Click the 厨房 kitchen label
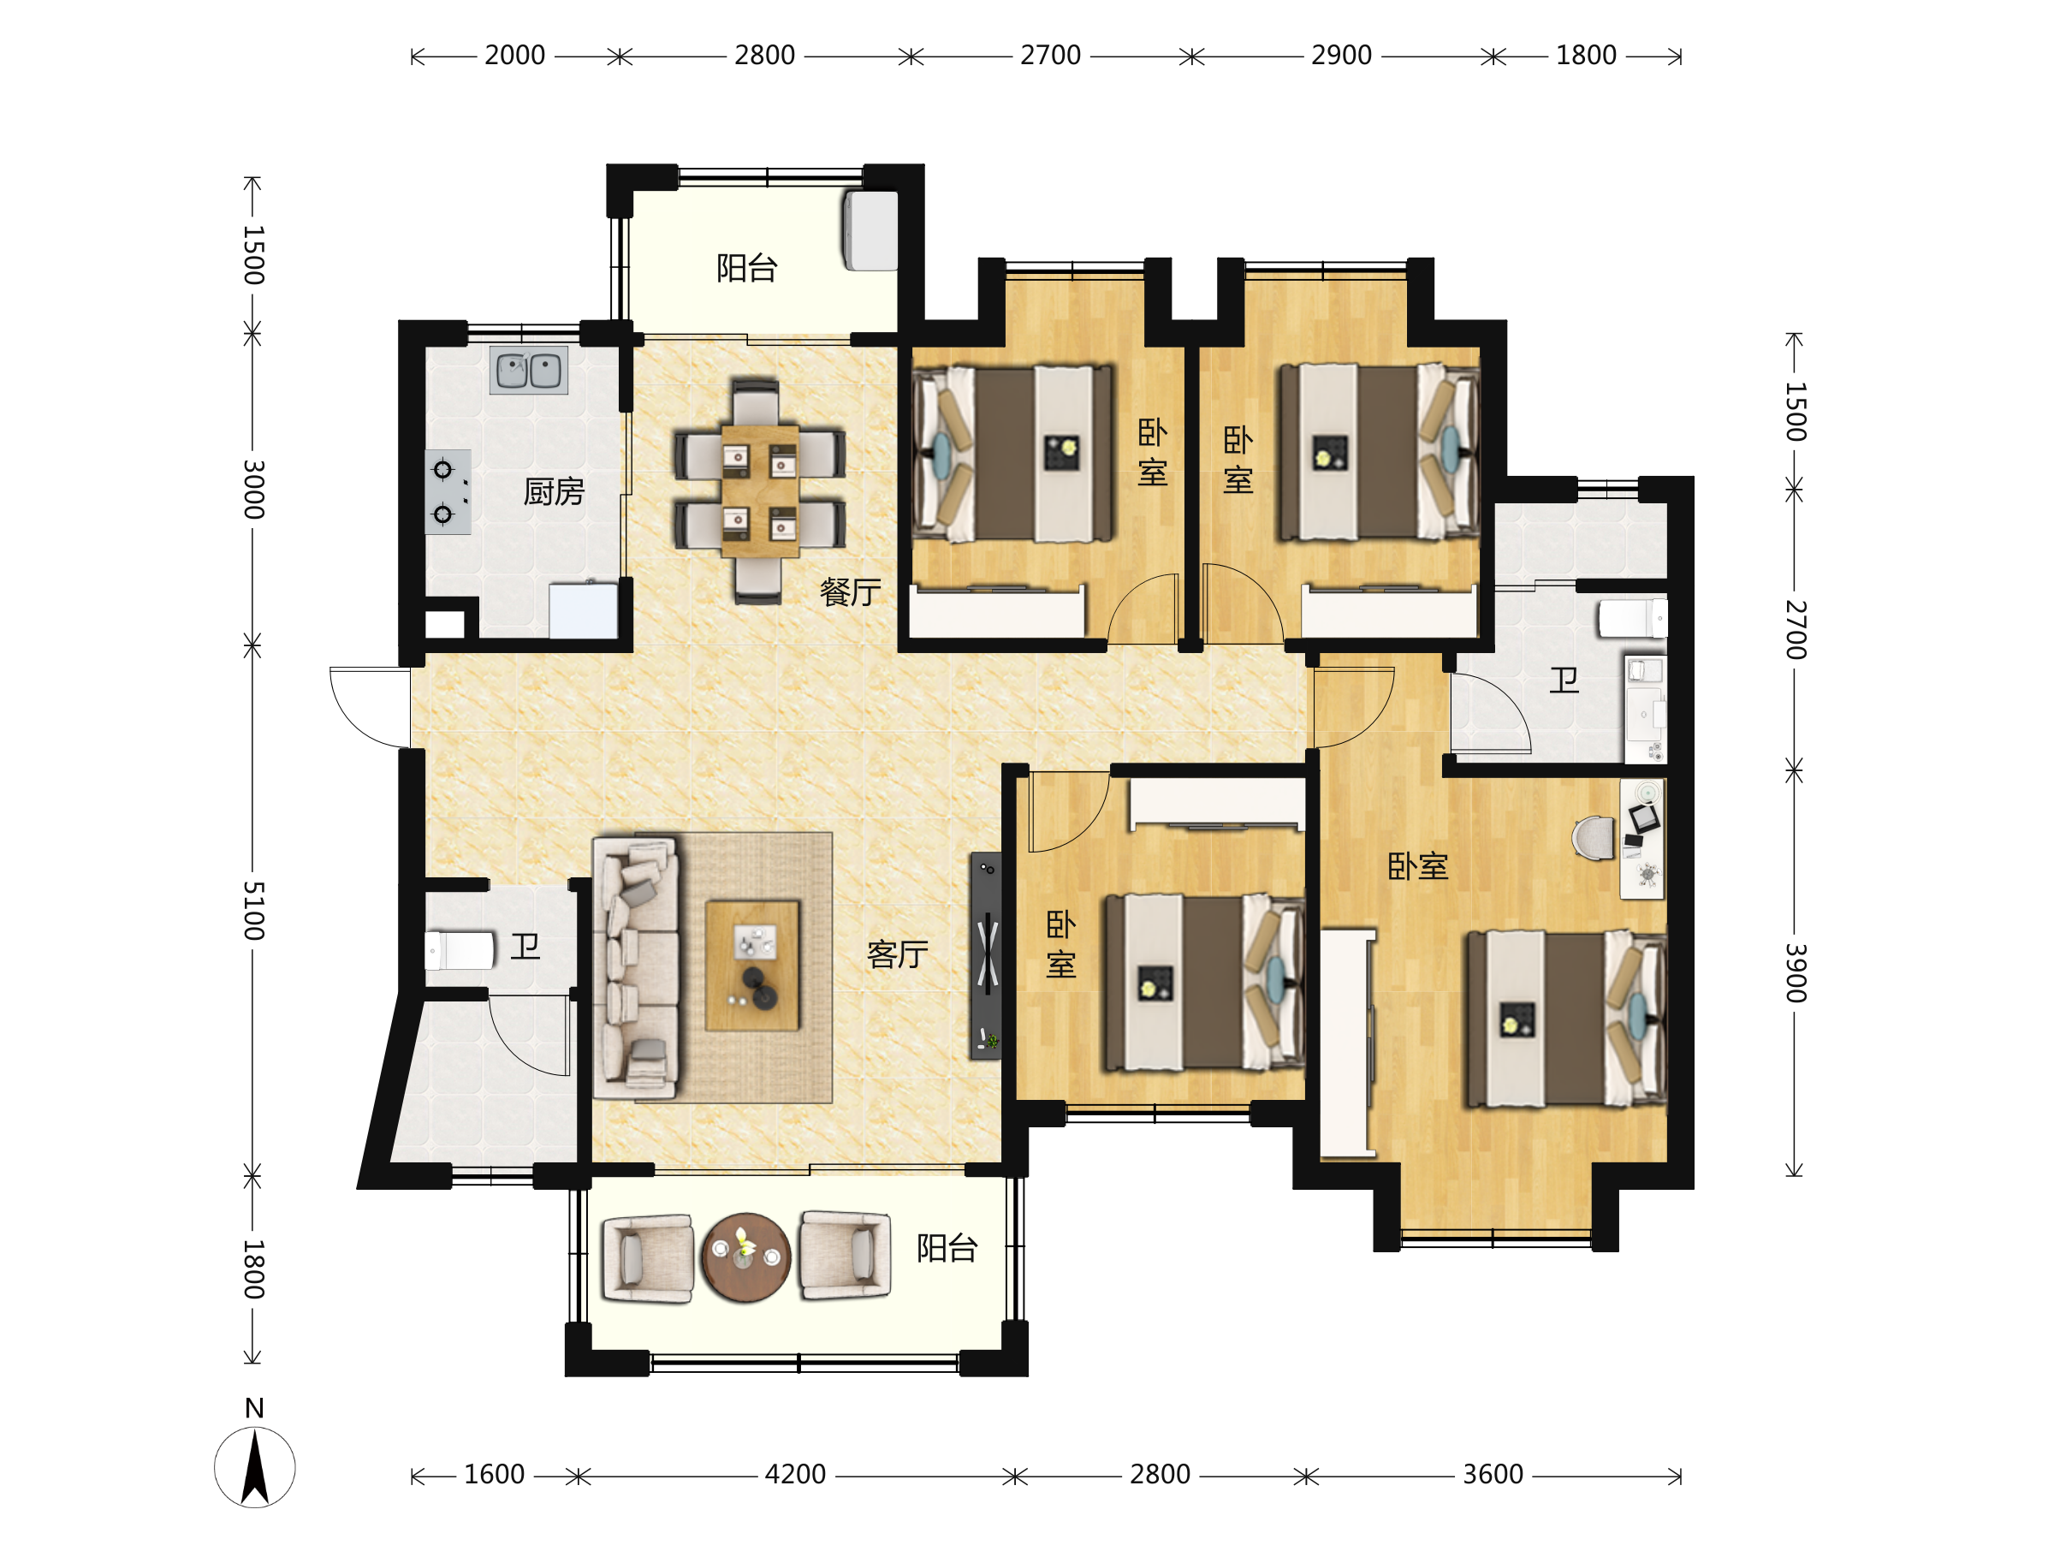(554, 491)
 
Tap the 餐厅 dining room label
(850, 591)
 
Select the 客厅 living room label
(897, 954)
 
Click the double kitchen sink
(528, 371)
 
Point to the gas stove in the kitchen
(448, 492)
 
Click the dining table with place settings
(760, 490)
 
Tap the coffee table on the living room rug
(752, 966)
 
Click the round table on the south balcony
(745, 1257)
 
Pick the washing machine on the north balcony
(870, 230)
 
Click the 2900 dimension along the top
(1341, 56)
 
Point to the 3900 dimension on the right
(1795, 972)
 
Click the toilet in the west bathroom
(460, 951)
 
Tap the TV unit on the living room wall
(986, 955)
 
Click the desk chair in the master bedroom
(1594, 837)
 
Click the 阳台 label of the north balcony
(746, 268)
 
